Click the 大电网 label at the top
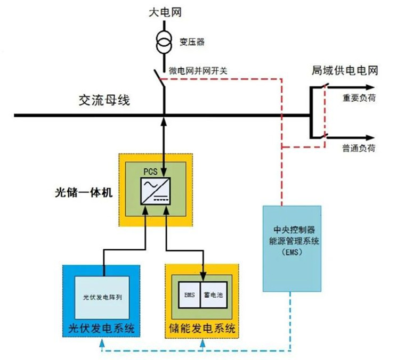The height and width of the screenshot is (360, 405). (x=164, y=12)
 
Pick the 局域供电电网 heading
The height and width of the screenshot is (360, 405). (x=345, y=71)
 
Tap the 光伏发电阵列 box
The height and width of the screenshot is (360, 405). (x=101, y=297)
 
